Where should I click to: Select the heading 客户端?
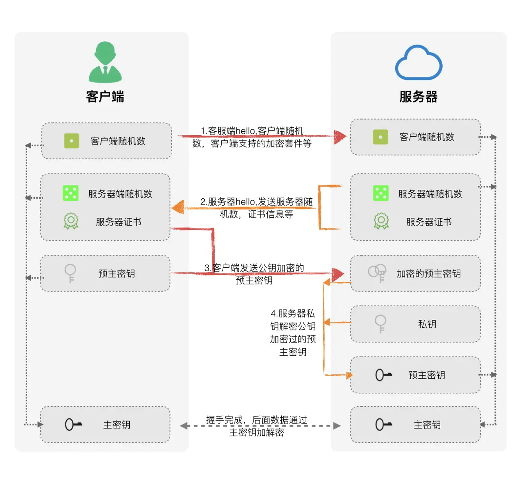pos(105,97)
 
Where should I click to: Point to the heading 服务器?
pos(418,97)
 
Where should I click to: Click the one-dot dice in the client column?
pos(72,141)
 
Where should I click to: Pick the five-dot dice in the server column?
pos(381,193)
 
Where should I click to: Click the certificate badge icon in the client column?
pos(71,221)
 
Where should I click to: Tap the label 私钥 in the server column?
pos(427,324)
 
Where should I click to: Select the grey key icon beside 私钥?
pos(380,324)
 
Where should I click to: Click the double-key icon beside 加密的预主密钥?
pos(377,273)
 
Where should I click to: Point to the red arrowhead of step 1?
pos(340,136)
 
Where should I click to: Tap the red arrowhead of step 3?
pos(338,274)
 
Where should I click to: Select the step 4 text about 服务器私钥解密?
pos(293,333)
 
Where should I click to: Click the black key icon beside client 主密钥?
pos(73,424)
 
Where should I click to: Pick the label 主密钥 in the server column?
pos(427,425)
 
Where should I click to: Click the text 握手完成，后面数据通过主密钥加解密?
pos(256,426)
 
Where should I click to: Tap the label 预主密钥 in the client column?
pos(116,274)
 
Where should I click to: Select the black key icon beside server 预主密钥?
pos(383,375)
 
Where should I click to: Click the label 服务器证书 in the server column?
pos(429,222)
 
